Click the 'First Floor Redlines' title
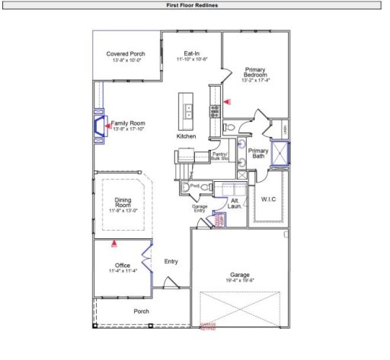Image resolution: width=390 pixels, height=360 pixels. tap(195, 5)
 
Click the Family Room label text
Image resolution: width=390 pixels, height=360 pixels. tap(128, 123)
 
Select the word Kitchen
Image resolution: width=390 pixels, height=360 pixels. tap(187, 136)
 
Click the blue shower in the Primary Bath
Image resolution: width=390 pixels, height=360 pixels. tap(284, 154)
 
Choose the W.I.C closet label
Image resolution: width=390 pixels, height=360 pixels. tap(267, 199)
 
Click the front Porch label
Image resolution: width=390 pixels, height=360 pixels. tap(141, 311)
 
